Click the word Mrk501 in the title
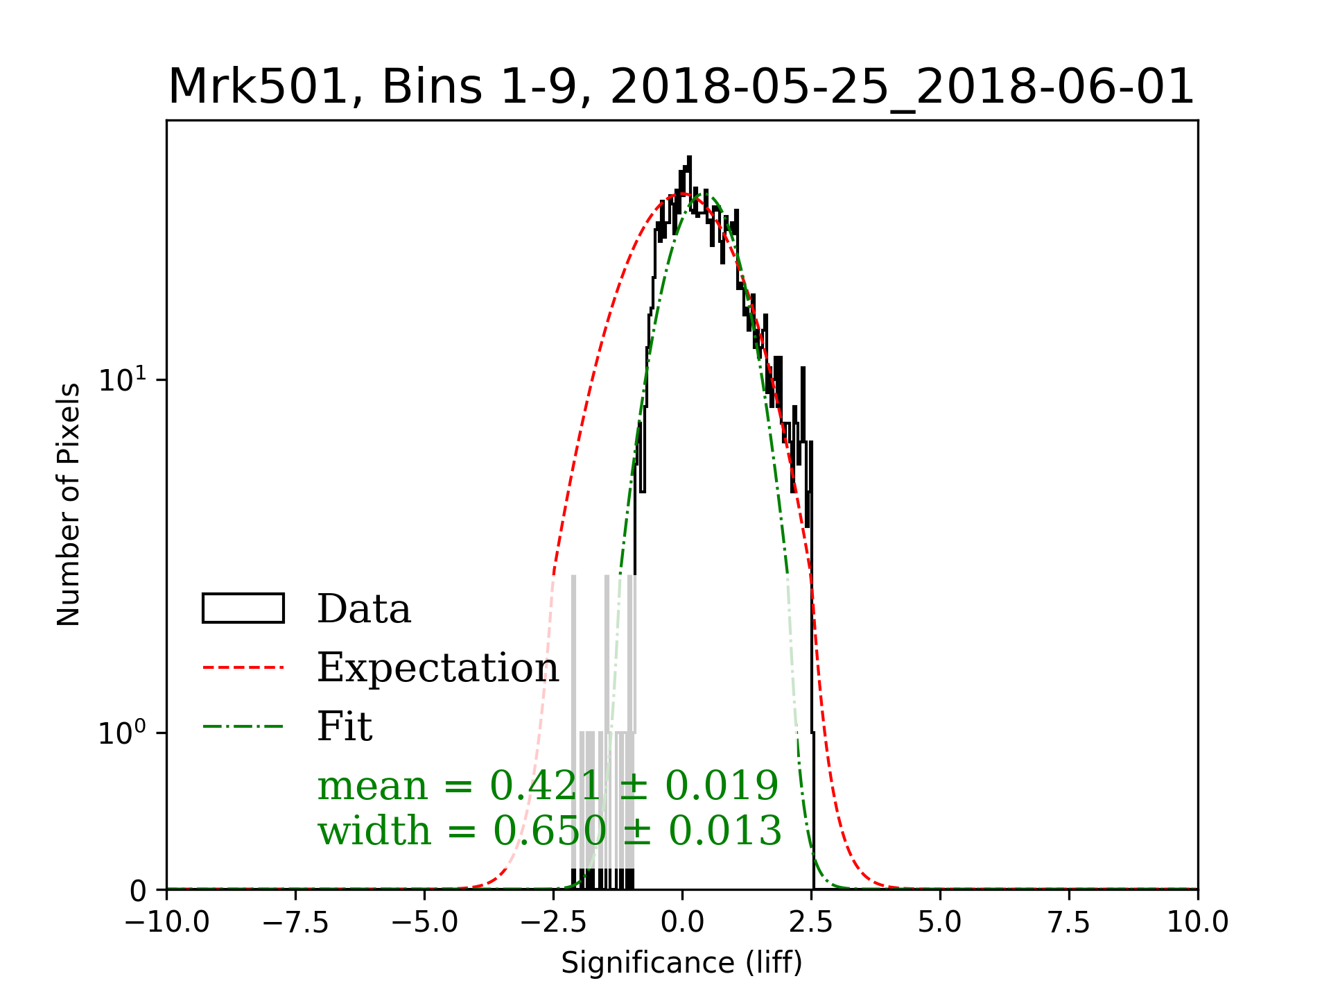pos(256,87)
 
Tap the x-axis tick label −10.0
pos(167,923)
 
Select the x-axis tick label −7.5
pos(296,923)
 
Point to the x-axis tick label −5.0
pos(425,923)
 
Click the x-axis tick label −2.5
pos(554,923)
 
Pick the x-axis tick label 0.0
pos(682,923)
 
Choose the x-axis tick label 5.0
pos(940,923)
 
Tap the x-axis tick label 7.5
pos(1069,923)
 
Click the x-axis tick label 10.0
pos(1198,923)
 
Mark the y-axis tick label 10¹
pos(123,379)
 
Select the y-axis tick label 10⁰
pos(123,733)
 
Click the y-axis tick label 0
pos(139,891)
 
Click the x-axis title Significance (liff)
pos(681,963)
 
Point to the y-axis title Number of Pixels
pos(69,504)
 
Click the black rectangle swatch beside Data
pos(243,608)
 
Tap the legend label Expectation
pos(437,668)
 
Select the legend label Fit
pos(345,727)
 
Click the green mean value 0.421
pos(545,786)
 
